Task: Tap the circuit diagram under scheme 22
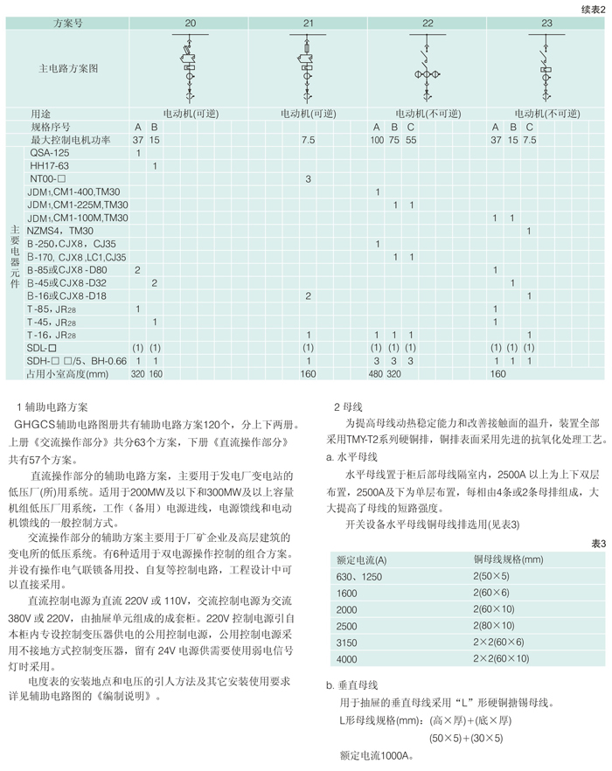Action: [x=428, y=66]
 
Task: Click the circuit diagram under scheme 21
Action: [x=309, y=66]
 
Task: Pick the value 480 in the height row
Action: [x=378, y=373]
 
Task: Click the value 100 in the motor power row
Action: [x=378, y=140]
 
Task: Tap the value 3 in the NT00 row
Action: [x=309, y=178]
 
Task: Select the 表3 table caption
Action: [x=597, y=544]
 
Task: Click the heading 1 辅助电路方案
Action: [x=52, y=406]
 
